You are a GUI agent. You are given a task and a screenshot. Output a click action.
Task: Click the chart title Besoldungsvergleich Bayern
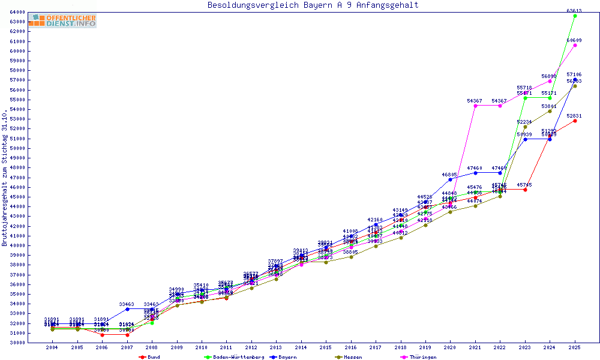pos(313,5)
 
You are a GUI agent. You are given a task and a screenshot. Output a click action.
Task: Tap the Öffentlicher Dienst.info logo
pos(62,21)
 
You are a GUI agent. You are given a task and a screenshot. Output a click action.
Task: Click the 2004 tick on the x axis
pos(52,347)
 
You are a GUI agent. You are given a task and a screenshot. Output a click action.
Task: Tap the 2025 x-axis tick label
pos(575,347)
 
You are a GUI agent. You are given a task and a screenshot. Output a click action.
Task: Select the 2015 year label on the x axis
pos(326,347)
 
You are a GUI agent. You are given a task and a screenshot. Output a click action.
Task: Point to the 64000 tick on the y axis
pos(17,12)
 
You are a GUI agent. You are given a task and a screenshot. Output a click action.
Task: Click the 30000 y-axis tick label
pos(17,343)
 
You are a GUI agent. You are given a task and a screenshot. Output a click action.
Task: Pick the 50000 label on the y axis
pos(17,148)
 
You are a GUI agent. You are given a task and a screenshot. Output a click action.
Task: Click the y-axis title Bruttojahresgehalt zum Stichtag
pos(5,178)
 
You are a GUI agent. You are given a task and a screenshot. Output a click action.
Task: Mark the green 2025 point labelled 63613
pos(575,16)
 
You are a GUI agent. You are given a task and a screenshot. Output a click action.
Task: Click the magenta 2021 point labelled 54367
pos(475,106)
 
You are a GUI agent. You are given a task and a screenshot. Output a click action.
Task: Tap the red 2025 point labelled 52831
pos(575,121)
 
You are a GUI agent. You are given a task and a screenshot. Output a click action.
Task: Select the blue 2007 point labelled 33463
pos(127,309)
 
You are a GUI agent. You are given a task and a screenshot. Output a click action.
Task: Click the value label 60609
pos(574,40)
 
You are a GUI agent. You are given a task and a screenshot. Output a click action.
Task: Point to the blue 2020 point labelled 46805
pos(450,179)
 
